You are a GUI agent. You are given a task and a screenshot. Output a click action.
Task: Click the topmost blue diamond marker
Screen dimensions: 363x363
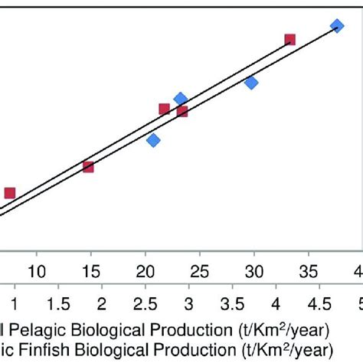[336, 26]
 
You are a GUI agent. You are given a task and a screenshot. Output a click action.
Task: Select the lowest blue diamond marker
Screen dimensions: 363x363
[153, 140]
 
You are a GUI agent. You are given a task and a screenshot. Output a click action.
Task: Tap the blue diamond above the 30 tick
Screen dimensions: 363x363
[251, 82]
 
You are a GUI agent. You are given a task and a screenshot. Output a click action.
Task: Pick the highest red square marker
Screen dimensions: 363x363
[290, 39]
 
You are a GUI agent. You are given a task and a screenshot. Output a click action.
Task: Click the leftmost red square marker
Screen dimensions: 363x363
[10, 193]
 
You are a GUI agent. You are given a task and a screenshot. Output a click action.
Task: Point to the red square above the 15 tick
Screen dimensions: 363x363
[88, 166]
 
